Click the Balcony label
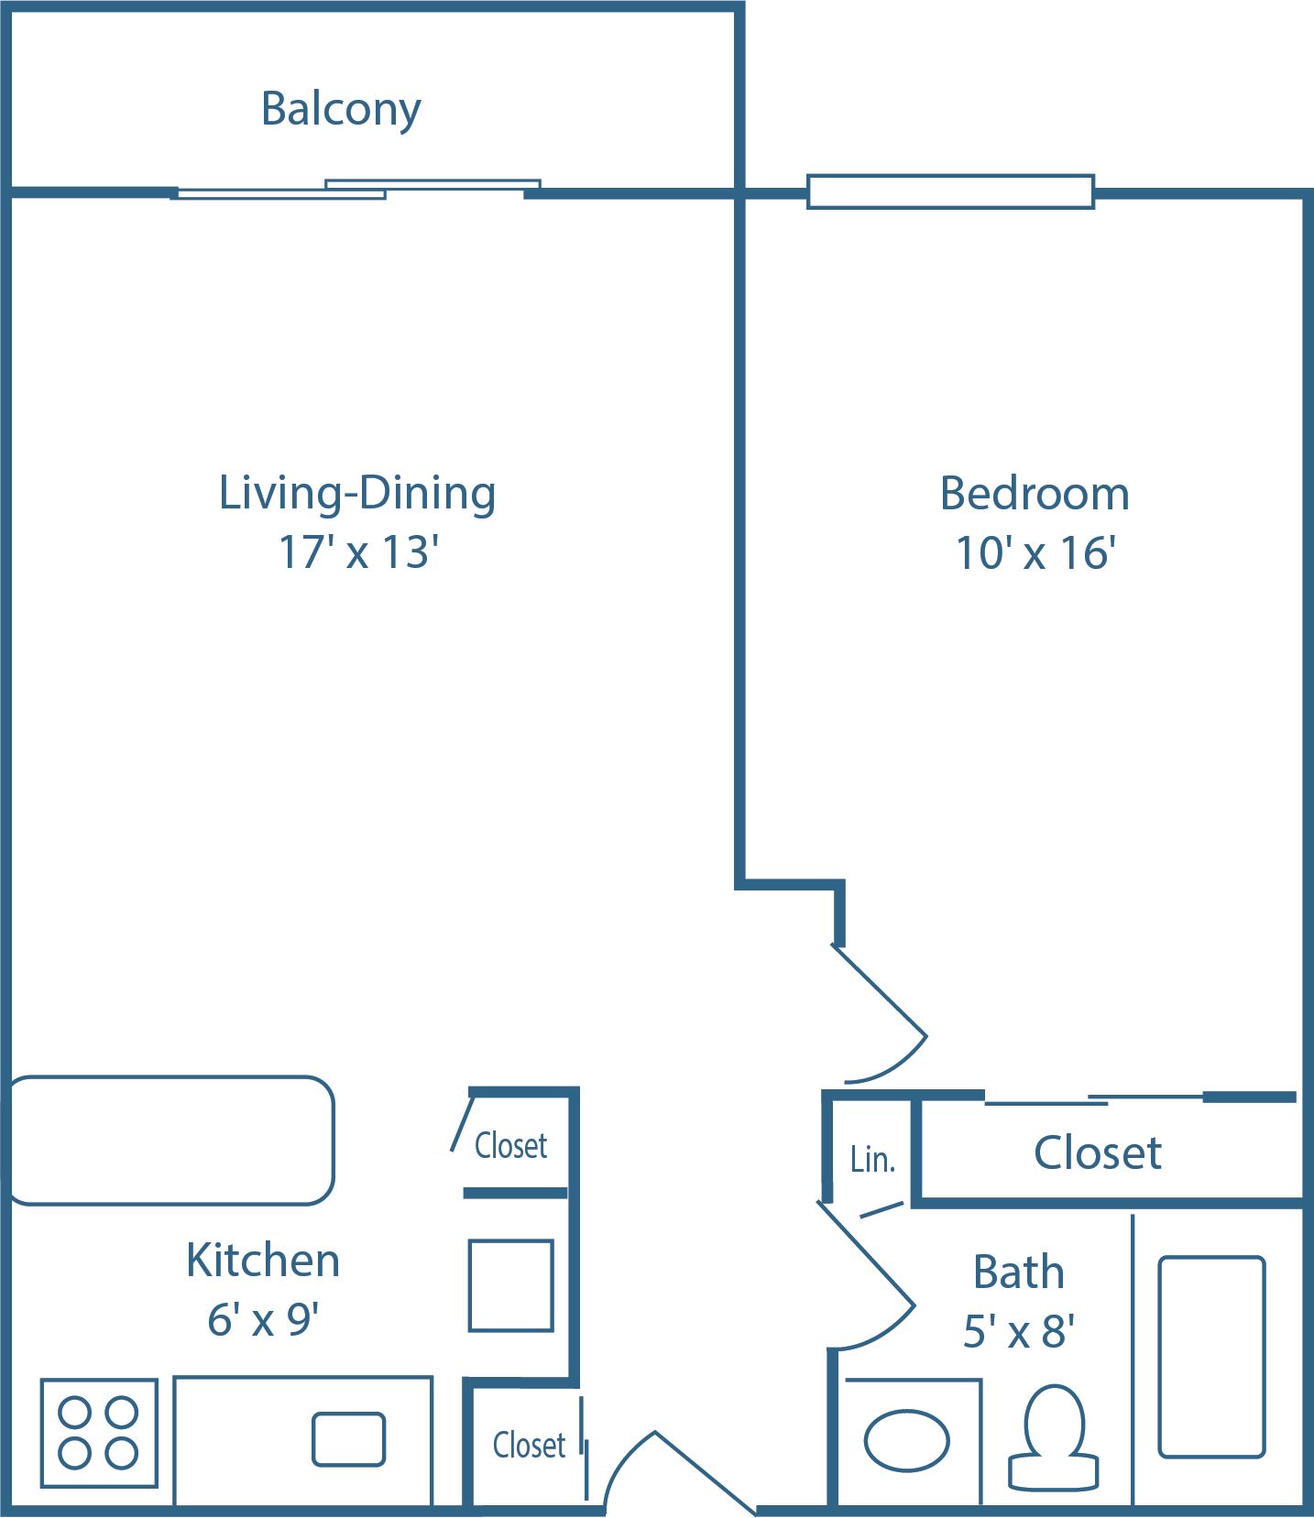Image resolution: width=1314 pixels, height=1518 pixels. click(x=341, y=109)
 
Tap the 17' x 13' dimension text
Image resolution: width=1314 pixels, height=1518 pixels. click(x=358, y=552)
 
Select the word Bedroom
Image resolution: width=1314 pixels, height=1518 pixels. click(x=1035, y=494)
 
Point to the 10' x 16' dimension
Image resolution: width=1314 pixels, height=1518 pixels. click(x=1035, y=553)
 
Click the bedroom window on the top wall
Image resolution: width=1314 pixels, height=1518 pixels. click(x=950, y=191)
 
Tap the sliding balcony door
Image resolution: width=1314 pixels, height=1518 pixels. click(x=357, y=190)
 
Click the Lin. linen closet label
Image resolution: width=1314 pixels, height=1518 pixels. click(x=871, y=1160)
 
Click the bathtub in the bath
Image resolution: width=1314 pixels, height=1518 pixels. click(x=1211, y=1357)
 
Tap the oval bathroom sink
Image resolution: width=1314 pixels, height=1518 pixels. click(x=906, y=1441)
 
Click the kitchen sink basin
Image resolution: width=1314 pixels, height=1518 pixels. click(x=348, y=1439)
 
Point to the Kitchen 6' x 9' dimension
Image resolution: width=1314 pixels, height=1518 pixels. click(x=263, y=1320)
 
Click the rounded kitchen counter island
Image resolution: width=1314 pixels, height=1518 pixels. click(x=171, y=1140)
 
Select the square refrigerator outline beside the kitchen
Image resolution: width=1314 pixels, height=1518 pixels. click(x=510, y=1285)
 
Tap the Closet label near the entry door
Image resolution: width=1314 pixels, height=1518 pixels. click(x=529, y=1446)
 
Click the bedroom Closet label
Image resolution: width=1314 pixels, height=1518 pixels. click(x=1097, y=1152)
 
